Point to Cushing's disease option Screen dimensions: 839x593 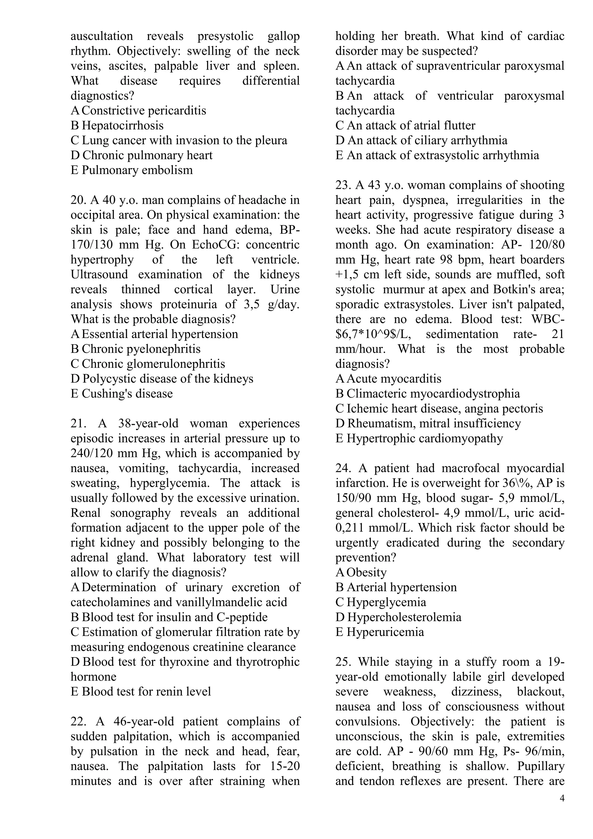tap(127, 394)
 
